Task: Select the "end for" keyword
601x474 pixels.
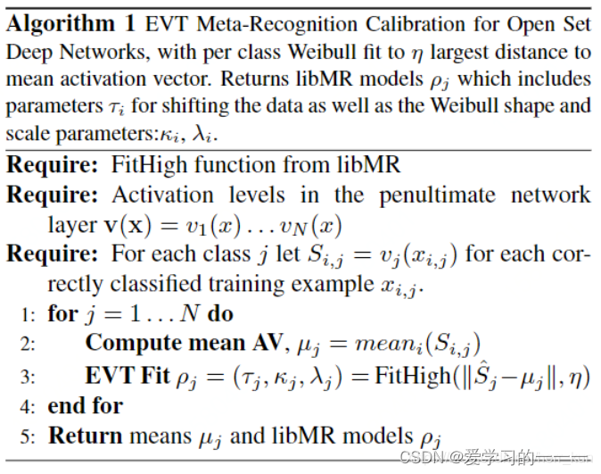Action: pos(86,406)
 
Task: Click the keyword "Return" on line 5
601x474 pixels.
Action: pos(85,436)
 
